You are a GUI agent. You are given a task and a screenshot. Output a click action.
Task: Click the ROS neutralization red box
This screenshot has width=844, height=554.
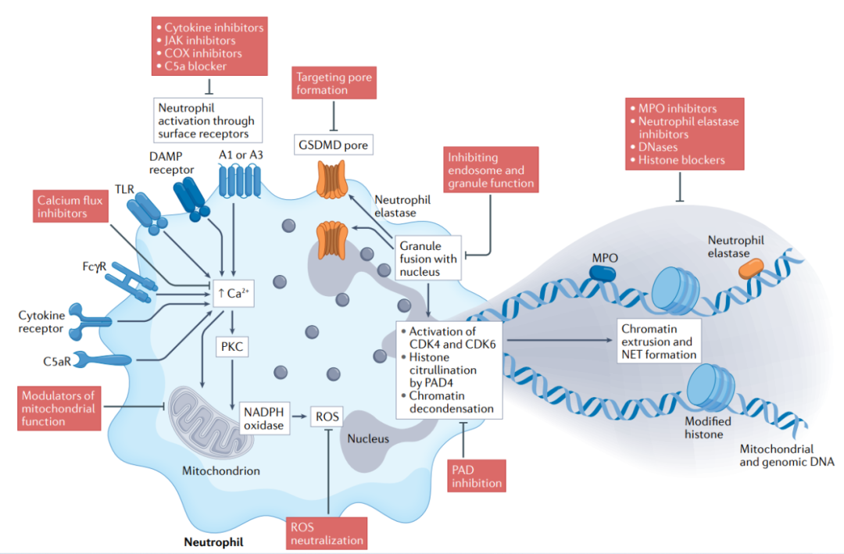tap(327, 533)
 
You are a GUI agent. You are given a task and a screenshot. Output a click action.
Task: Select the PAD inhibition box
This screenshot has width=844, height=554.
tap(477, 475)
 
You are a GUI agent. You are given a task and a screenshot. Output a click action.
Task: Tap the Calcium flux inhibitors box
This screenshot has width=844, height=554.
tap(70, 206)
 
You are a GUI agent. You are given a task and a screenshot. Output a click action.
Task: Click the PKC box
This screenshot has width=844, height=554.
tap(232, 346)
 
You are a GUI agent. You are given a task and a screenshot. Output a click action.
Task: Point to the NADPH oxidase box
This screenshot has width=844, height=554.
tap(264, 418)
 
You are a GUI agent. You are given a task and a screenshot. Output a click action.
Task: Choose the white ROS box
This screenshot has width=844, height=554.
tap(327, 416)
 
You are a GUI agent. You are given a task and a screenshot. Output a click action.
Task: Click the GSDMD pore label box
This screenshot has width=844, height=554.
tap(333, 145)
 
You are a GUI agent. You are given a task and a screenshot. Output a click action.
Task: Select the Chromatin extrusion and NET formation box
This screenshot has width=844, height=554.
tap(659, 341)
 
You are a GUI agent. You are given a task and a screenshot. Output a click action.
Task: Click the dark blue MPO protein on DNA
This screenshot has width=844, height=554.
tap(603, 273)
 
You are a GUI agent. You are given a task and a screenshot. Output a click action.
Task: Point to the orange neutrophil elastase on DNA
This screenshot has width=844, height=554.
tap(751, 268)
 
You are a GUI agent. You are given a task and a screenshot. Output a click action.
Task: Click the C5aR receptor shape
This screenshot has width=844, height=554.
tap(102, 359)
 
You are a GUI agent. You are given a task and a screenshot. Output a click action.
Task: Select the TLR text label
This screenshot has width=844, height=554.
tap(124, 190)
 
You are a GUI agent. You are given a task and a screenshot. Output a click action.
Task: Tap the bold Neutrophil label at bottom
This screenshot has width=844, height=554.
tap(213, 541)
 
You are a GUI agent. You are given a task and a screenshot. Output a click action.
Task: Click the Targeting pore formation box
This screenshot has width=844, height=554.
tap(334, 83)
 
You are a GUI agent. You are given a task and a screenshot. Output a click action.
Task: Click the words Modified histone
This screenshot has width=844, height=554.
tap(708, 427)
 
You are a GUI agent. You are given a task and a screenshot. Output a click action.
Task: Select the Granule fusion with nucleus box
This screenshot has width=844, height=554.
tap(428, 258)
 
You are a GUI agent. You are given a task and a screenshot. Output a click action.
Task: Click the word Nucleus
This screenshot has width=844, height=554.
tap(368, 439)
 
